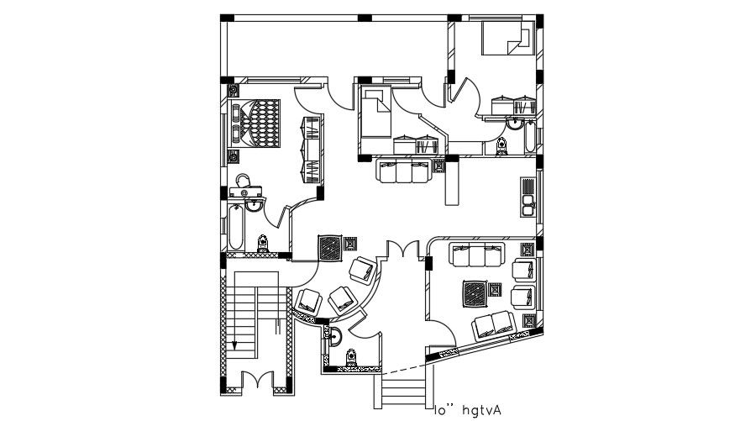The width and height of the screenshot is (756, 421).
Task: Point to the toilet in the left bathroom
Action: [x=263, y=243]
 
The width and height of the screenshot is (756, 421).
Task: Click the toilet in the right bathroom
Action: [x=501, y=146]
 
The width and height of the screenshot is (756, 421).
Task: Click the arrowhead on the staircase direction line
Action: [x=236, y=344]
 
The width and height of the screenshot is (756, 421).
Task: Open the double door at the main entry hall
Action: [x=402, y=250]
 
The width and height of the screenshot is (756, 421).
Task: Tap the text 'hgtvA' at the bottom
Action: [x=480, y=409]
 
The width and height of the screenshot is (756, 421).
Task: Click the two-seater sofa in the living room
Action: [x=495, y=324]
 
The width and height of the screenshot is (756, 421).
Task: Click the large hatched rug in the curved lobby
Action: [x=330, y=249]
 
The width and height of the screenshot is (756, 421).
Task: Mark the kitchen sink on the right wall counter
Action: [x=528, y=203]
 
